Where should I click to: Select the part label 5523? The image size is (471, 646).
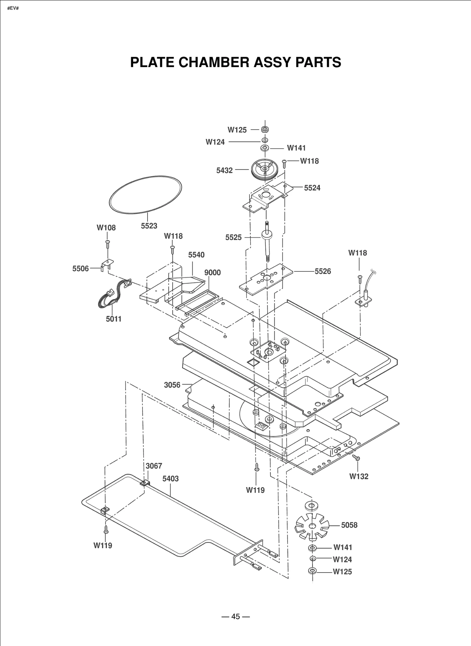coord(149,226)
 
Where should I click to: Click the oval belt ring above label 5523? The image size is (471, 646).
coord(145,194)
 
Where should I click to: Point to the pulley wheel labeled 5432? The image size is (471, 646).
coord(265,169)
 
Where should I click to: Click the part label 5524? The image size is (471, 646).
coord(312,188)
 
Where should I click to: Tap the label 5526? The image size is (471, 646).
coord(323,271)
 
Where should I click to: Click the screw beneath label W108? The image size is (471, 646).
coord(108,244)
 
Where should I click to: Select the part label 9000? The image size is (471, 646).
coord(212,273)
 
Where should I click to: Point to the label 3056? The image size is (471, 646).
coord(172,385)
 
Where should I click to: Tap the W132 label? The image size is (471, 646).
coord(359,476)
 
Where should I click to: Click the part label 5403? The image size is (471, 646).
coord(170,479)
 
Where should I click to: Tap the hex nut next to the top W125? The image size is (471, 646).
coord(265,129)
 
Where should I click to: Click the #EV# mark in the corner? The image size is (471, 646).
coord(13,8)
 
